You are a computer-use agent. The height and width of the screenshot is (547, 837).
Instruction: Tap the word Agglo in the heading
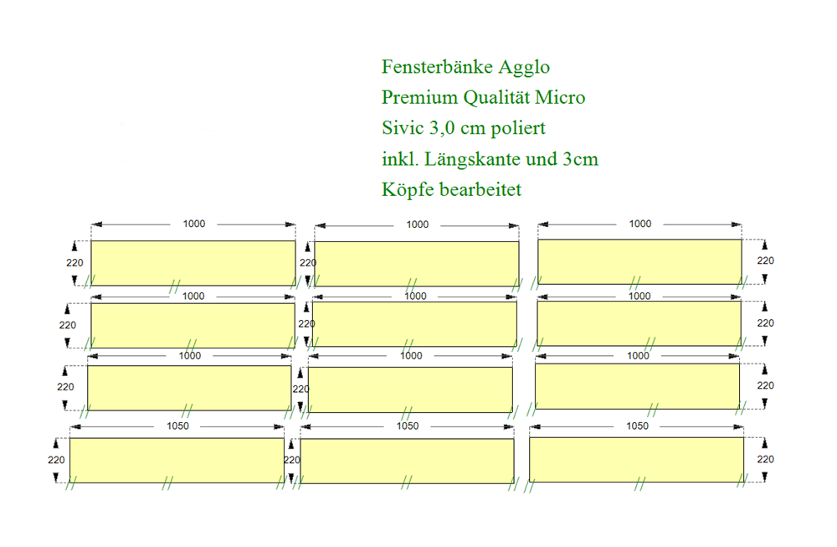pos(525,68)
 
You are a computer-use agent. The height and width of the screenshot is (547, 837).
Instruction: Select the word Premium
pos(419,97)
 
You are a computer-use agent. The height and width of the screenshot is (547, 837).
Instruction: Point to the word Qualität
pos(496,98)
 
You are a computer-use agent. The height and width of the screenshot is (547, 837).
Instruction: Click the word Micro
pos(561,97)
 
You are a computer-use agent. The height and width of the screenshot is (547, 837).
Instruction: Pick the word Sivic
pos(403,127)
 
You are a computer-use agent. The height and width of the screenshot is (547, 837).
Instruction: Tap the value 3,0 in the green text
pos(442,128)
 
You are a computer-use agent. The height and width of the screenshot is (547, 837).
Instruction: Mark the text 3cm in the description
pos(580,159)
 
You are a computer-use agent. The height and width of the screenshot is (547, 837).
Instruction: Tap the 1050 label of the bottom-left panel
pos(177,426)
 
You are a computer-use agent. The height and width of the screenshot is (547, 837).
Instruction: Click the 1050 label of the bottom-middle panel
pos(408,426)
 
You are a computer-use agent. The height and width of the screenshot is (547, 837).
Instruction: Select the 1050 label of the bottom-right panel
pos(637,426)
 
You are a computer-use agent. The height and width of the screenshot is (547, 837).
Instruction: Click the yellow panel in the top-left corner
pos(193,263)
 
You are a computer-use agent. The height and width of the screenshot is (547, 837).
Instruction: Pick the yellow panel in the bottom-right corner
pos(637,460)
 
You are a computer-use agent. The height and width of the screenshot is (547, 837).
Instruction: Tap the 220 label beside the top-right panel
pos(766,261)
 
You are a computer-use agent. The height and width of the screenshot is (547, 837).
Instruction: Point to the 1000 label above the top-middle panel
pos(418,224)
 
